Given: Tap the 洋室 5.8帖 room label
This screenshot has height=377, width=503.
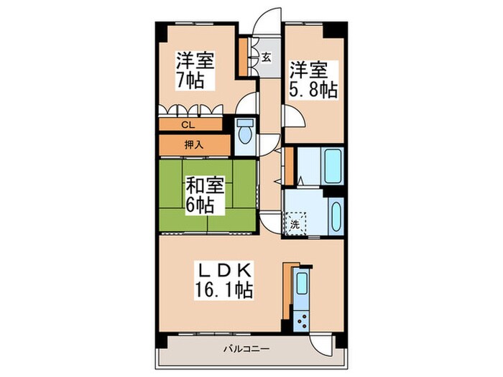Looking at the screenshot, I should [313, 80].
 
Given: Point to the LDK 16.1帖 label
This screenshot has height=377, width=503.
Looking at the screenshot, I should [223, 281].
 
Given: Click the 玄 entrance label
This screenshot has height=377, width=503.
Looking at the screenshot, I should [266, 58].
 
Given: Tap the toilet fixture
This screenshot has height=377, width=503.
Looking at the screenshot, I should [245, 132].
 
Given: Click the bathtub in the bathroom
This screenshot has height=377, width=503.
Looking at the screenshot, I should [333, 167].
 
